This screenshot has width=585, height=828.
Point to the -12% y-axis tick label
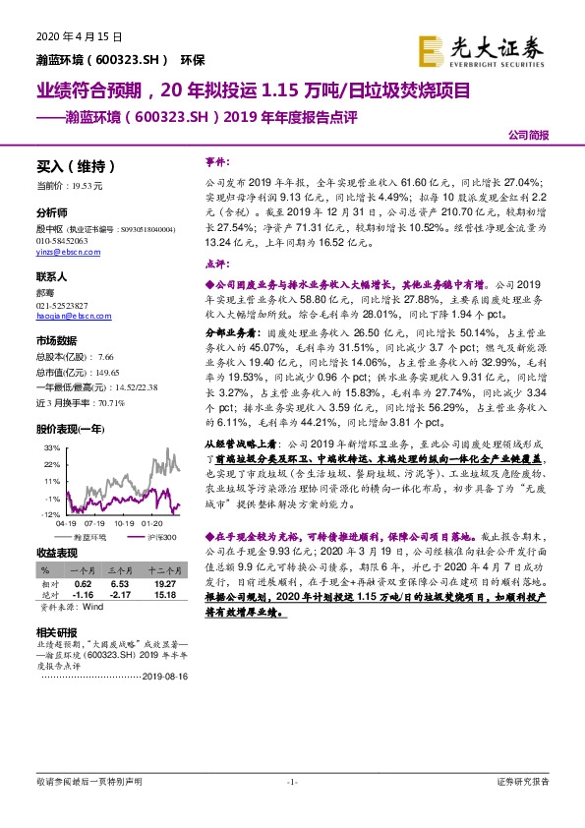pyautogui.click(x=47, y=514)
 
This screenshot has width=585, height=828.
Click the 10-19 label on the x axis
pyautogui.click(x=124, y=524)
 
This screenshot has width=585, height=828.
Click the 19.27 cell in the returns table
pyautogui.click(x=164, y=582)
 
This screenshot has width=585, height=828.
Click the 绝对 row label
pyautogui.click(x=46, y=594)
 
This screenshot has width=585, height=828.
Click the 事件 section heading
pyautogui.click(x=216, y=158)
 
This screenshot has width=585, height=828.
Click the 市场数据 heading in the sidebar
pyautogui.click(x=58, y=340)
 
